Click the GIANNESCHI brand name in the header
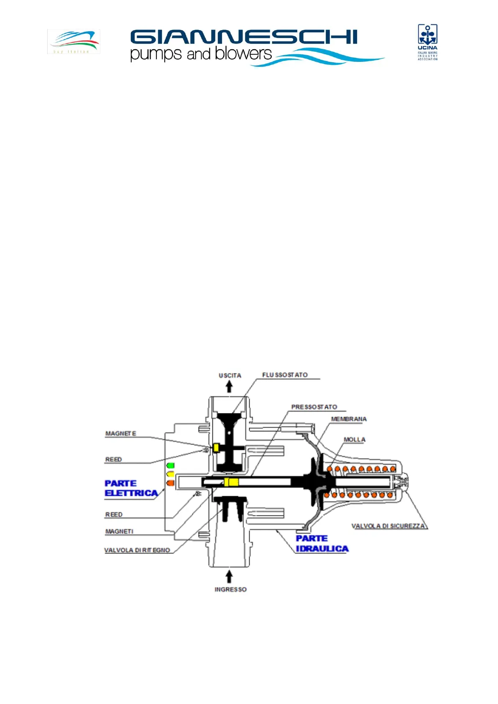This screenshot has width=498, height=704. coord(244,37)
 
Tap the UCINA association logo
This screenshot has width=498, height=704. coord(427,42)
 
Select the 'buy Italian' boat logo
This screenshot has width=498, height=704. coord(74,41)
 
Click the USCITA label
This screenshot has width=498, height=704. coord(230,375)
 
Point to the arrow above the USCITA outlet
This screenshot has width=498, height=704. coord(229,387)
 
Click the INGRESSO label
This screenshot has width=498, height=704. coord(230,589)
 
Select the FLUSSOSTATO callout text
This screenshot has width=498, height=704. coord(285,375)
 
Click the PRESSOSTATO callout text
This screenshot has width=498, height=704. coord(314,407)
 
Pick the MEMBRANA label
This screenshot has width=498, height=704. coord(349,419)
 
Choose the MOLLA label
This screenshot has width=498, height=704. coord(354,439)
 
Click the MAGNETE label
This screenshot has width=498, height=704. coord(120,434)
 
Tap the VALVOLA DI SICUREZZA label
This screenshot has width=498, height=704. coord(388,526)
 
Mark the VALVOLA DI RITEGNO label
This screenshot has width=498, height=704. coord(137,550)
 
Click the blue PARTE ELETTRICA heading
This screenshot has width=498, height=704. coord(131,488)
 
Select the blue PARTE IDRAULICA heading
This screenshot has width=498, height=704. coord(322,543)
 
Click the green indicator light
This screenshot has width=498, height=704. coord(170,465)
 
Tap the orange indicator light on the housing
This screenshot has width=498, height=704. coord(170,483)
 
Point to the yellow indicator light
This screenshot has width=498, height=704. coord(170,474)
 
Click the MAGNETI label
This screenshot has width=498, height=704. coord(119,531)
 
